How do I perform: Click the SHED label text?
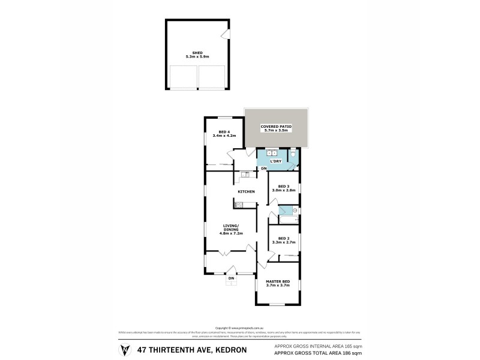(197, 52)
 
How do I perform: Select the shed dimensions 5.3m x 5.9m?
(197, 56)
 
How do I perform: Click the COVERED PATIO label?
(275, 126)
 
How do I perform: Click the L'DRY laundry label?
(275, 161)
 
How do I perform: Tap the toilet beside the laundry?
(292, 154)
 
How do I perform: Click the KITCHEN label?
(246, 191)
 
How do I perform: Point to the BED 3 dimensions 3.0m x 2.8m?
(284, 190)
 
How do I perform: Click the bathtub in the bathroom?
(288, 220)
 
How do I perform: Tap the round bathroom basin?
(295, 211)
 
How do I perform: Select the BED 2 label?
(284, 238)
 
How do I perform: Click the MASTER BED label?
(278, 281)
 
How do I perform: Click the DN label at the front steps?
(231, 278)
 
